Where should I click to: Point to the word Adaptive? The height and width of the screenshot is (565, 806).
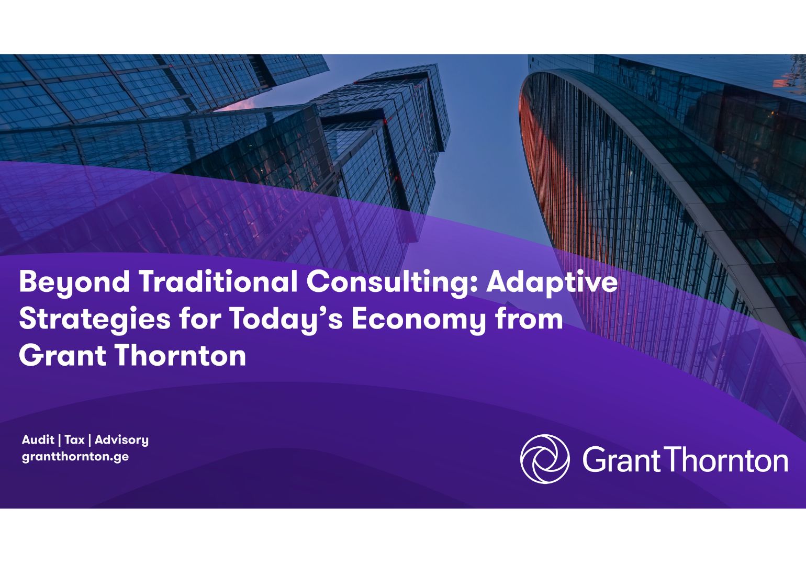coord(552,282)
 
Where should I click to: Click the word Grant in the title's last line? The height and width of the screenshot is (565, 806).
coord(63,356)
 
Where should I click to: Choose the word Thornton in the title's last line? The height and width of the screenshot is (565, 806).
coord(180,356)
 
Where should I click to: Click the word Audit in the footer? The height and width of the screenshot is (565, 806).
coord(38,439)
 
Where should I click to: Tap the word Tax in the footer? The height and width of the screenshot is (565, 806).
coord(74,439)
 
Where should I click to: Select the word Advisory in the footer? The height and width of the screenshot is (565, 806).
coord(121,440)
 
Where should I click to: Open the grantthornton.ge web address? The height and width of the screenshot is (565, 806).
coord(75,456)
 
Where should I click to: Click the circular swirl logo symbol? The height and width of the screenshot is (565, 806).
coord(545,458)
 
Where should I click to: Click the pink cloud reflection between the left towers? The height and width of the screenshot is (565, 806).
coord(238,105)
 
